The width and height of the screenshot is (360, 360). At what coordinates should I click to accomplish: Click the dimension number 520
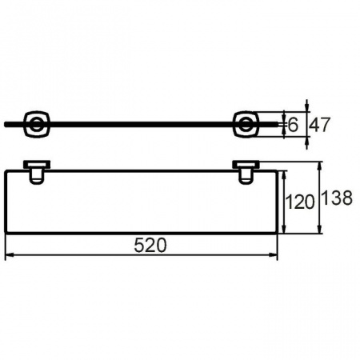coord(150,246)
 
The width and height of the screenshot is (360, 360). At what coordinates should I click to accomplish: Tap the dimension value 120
coord(300,202)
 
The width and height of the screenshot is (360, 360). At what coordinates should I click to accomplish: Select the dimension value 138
coord(337,198)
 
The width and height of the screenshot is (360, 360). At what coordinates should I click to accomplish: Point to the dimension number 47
coord(320,125)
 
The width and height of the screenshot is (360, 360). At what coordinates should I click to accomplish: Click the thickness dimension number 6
coord(293,125)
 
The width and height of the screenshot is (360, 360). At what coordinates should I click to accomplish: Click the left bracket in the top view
coord(37,125)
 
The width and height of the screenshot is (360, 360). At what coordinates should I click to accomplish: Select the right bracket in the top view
coord(246,125)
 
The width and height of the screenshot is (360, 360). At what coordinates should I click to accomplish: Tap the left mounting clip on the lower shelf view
coord(37,172)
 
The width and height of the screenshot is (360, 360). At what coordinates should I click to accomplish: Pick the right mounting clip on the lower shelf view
coord(246,172)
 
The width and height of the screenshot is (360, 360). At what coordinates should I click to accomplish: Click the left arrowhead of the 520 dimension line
coord(9,255)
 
